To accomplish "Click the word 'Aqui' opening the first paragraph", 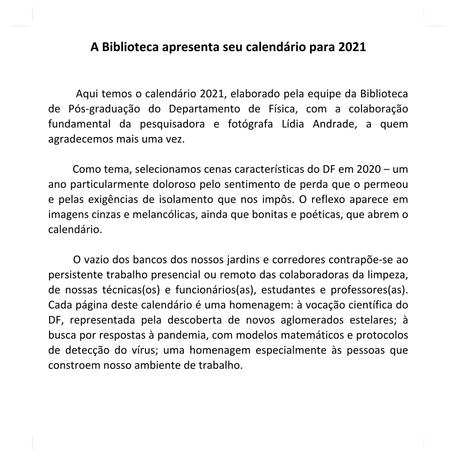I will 87,94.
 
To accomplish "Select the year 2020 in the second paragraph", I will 369,170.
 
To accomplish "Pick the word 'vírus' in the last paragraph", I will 144,350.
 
